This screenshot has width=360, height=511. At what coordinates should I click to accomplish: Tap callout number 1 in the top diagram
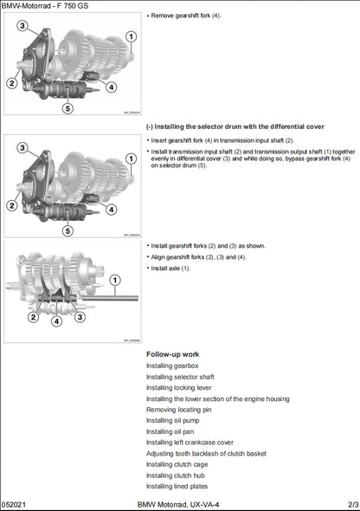131,36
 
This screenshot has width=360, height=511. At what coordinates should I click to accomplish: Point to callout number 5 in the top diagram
67,108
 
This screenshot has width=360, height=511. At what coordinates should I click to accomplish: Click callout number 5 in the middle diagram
67,230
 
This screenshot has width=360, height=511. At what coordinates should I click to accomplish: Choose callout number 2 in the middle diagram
12,205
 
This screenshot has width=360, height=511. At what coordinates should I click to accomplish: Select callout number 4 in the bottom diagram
56,320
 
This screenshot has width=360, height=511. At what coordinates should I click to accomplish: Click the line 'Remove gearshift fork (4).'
185,16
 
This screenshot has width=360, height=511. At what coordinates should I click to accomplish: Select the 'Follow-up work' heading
173,354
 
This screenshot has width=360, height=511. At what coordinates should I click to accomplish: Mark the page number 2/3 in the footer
352,503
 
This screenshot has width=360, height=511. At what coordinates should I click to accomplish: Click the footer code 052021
16,503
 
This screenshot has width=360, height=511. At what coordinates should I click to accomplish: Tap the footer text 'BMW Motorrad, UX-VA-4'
179,503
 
